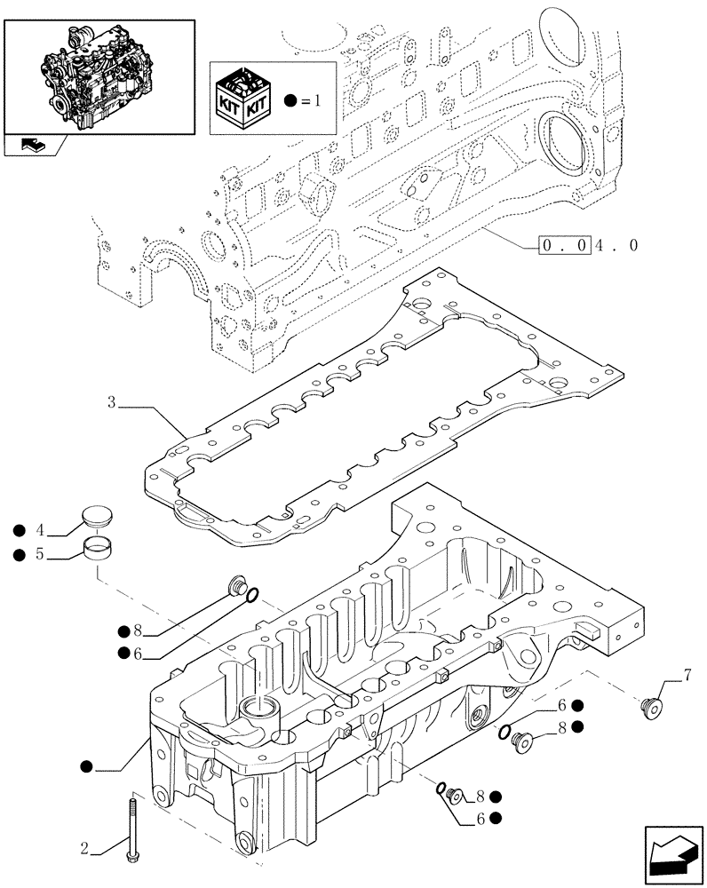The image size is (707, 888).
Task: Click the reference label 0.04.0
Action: click(x=587, y=245)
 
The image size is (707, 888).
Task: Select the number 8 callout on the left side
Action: click(x=138, y=631)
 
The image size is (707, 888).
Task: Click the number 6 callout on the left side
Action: click(x=138, y=654)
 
